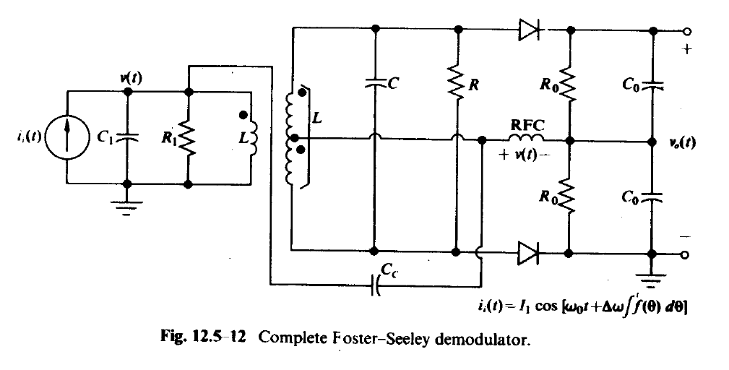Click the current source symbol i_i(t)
tap(67, 137)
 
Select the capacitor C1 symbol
tap(127, 137)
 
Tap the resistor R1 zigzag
tap(188, 138)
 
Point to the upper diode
tap(529, 30)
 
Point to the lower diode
tap(529, 254)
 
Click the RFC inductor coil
tap(526, 137)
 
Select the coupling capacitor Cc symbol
tap(376, 285)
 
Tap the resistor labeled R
tap(457, 83)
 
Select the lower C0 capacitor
tap(652, 197)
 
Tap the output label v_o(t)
tap(683, 142)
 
